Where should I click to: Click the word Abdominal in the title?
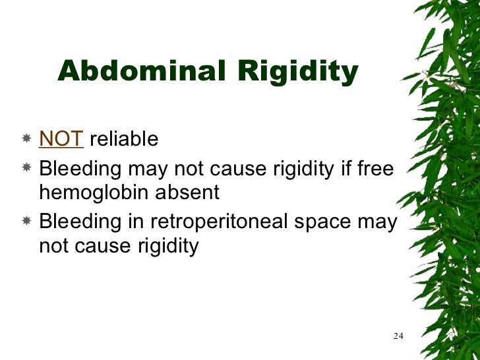(140, 71)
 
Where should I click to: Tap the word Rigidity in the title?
(294, 71)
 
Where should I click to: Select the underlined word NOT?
(61, 139)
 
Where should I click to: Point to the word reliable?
(124, 139)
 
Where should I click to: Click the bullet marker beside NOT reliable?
(26, 140)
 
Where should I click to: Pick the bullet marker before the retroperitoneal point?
(26, 222)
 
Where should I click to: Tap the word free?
(375, 169)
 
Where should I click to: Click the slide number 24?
(398, 336)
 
